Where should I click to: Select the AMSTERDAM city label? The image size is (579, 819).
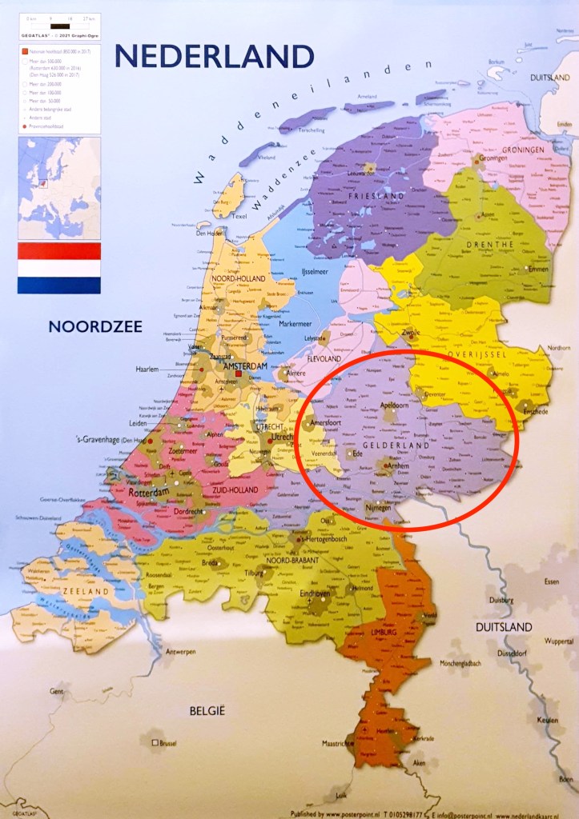pyautogui.click(x=246, y=366)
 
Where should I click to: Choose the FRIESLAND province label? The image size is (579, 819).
pyautogui.click(x=376, y=196)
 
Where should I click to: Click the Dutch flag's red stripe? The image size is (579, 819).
pyautogui.click(x=59, y=251)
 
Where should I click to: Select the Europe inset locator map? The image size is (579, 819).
pyautogui.click(x=59, y=188)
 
